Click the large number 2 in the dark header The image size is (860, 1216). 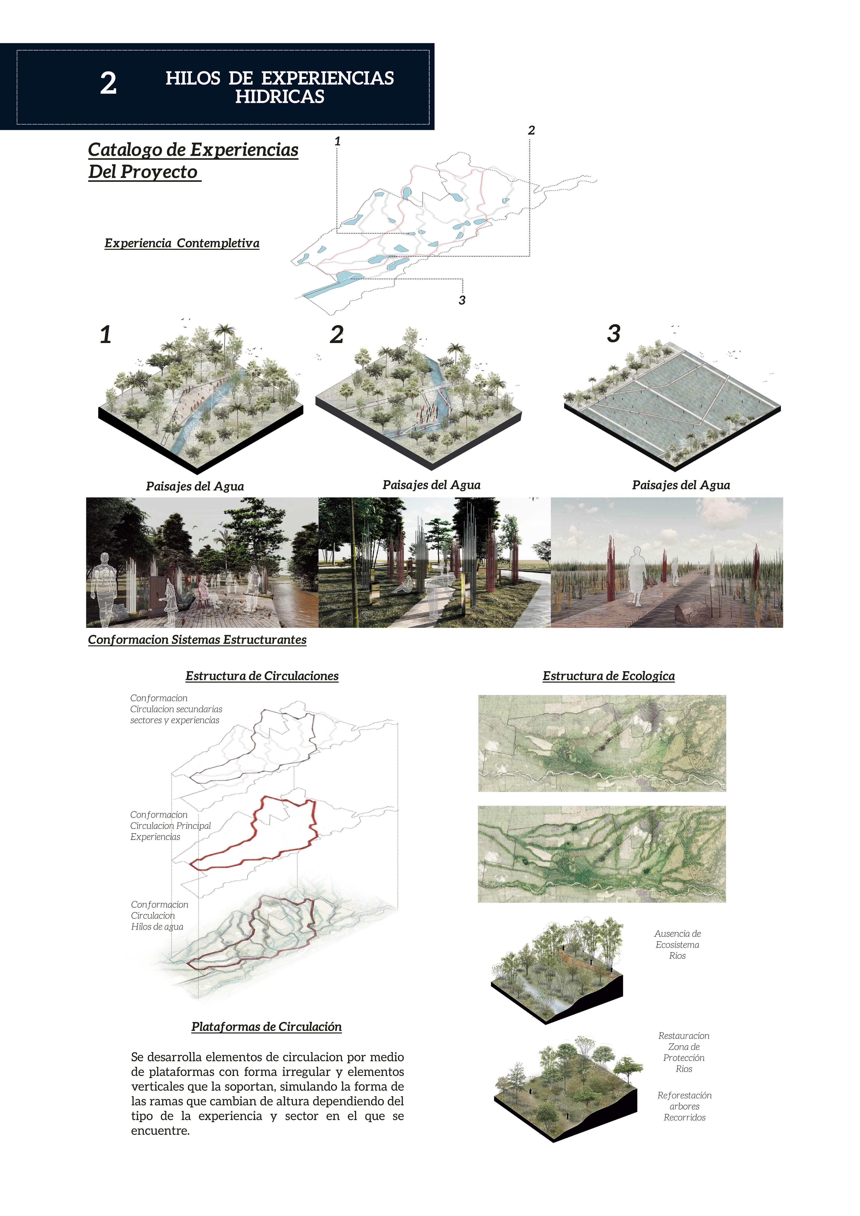(x=109, y=84)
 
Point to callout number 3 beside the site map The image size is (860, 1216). (x=462, y=300)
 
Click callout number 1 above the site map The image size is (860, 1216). (x=337, y=141)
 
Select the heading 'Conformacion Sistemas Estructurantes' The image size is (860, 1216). (x=197, y=640)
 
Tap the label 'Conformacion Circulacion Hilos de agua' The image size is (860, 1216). (x=159, y=916)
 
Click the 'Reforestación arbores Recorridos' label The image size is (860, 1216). (x=684, y=1106)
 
